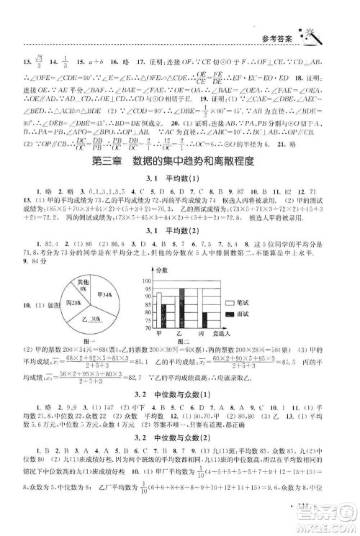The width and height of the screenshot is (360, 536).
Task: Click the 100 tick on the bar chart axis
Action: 148,281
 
